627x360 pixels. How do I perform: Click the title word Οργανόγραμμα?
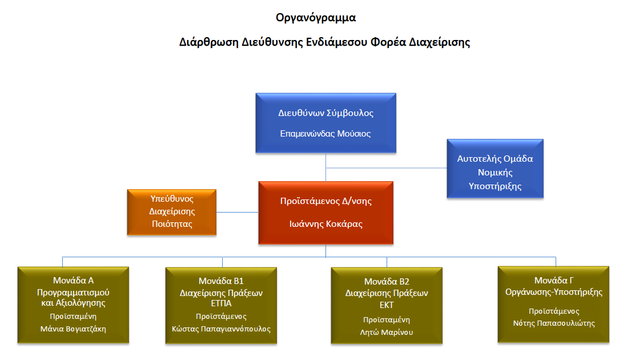click(x=316, y=18)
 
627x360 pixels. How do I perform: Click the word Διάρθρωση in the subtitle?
click(x=208, y=42)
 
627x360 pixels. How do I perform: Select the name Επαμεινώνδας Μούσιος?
click(x=325, y=134)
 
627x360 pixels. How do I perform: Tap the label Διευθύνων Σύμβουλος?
click(x=326, y=113)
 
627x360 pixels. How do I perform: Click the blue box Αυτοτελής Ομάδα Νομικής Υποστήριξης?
click(x=495, y=169)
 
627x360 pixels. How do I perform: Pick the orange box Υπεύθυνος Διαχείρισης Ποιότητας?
click(x=172, y=212)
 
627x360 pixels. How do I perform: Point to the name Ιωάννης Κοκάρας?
click(x=326, y=224)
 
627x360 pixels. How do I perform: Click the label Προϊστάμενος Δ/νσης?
click(x=326, y=201)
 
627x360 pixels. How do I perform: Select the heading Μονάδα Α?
click(x=73, y=281)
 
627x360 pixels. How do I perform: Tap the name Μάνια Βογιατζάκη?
click(x=73, y=329)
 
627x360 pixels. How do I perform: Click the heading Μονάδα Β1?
click(x=221, y=281)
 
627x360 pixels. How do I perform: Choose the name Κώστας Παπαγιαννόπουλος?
click(x=221, y=329)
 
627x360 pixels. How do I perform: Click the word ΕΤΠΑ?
click(x=221, y=303)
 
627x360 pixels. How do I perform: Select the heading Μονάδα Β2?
click(x=387, y=282)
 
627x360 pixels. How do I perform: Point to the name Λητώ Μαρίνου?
click(x=387, y=333)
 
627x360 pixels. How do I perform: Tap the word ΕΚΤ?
click(x=387, y=305)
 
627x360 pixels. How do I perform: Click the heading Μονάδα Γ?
click(x=554, y=281)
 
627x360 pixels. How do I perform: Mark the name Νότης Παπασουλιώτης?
click(x=554, y=323)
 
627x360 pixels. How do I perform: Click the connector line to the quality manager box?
click(x=238, y=212)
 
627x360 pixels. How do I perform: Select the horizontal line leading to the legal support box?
click(x=386, y=168)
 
